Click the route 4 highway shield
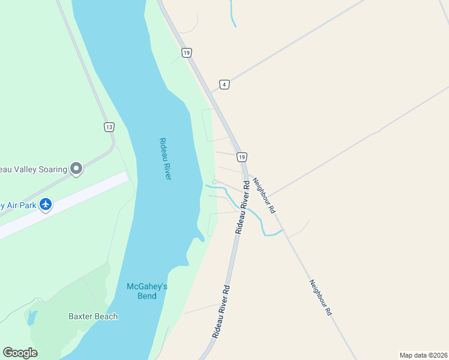[224, 84]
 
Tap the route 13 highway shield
[108, 127]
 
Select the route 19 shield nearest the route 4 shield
[187, 53]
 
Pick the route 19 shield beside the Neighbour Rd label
[241, 157]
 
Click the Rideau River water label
[166, 158]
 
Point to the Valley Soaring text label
[32, 169]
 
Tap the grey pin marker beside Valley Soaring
[76, 169]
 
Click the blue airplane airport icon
[46, 205]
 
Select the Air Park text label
[16, 205]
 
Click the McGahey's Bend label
[146, 291]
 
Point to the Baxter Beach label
[93, 316]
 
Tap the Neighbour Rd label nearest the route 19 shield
[264, 196]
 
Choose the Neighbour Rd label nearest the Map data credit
[321, 298]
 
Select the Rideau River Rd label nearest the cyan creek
[242, 207]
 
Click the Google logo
[20, 353]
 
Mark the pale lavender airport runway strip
[66, 204]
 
